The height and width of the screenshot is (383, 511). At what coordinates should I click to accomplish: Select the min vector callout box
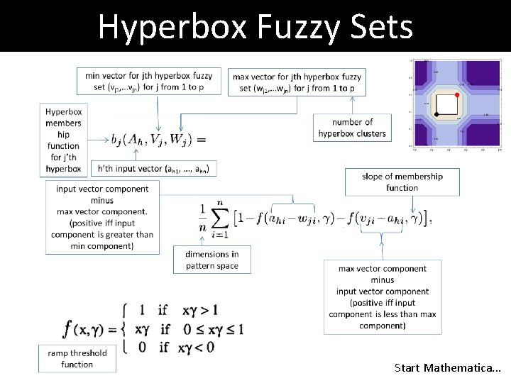coord(153,82)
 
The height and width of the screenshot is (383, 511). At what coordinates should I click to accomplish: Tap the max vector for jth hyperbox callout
coord(297,82)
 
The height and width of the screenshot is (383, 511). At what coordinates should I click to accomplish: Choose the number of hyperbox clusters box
coord(352,128)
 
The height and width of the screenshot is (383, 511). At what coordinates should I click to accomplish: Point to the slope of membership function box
coord(402,182)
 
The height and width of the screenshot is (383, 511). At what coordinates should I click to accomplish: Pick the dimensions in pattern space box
coord(211,260)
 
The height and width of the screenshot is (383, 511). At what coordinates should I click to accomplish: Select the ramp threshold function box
coord(77,358)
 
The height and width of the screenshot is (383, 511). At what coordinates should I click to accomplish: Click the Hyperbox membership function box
coord(63,140)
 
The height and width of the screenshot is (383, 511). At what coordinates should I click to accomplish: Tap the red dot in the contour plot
coord(456,94)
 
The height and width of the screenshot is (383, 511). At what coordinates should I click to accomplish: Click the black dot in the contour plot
coord(436,114)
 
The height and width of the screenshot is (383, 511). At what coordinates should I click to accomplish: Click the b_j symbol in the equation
coord(117,139)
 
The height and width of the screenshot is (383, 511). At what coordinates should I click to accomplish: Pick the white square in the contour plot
coord(446,104)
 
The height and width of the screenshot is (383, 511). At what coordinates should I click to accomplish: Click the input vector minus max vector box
coord(102,217)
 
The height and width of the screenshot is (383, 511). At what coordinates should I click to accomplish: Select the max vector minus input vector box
coord(382,296)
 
